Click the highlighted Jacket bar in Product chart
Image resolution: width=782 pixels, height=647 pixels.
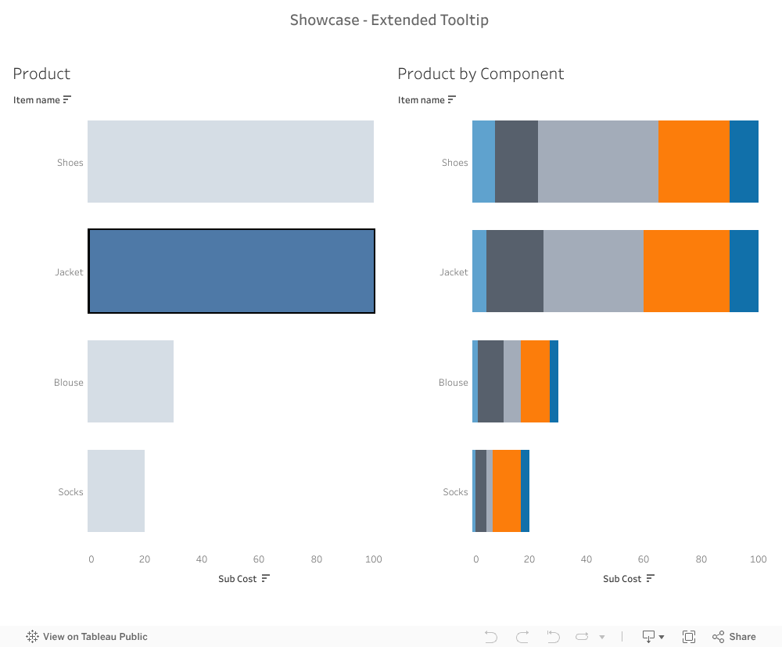pyautogui.click(x=231, y=271)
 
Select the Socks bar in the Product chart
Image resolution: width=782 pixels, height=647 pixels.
pyautogui.click(x=116, y=491)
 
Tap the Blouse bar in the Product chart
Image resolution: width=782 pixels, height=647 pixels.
pyautogui.click(x=130, y=382)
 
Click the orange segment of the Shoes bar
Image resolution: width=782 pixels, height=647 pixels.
pyautogui.click(x=694, y=162)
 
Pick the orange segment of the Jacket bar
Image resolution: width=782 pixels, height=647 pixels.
pyautogui.click(x=686, y=271)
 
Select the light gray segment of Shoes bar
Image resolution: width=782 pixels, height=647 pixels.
pyautogui.click(x=597, y=162)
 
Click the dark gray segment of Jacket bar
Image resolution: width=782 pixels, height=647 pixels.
pyautogui.click(x=515, y=271)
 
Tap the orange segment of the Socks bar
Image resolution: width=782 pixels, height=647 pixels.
pyautogui.click(x=507, y=491)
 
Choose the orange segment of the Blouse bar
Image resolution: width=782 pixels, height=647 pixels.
pyautogui.click(x=535, y=382)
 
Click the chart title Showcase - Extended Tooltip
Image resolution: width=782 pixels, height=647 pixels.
pyautogui.click(x=389, y=20)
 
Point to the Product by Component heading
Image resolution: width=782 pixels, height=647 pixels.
pyautogui.click(x=480, y=74)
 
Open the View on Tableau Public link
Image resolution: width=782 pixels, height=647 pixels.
pyautogui.click(x=87, y=637)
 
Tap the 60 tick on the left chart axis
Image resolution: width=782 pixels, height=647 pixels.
pyautogui.click(x=259, y=559)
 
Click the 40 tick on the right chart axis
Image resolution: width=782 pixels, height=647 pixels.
pyautogui.click(x=586, y=559)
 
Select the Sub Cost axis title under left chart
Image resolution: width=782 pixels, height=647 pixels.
pyautogui.click(x=237, y=579)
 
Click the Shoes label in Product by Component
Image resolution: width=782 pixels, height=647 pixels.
pyautogui.click(x=454, y=163)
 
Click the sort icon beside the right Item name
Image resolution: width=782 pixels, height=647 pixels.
pyautogui.click(x=452, y=99)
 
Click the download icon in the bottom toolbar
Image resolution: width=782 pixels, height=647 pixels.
pyautogui.click(x=649, y=637)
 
